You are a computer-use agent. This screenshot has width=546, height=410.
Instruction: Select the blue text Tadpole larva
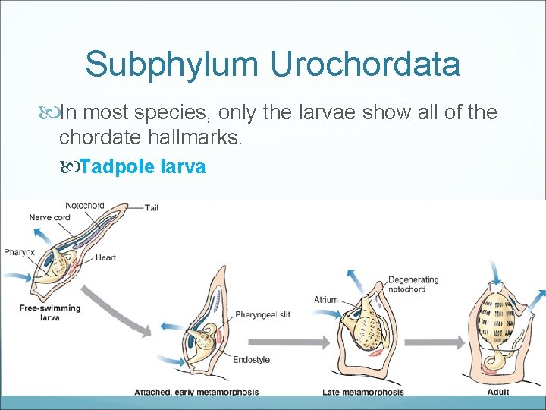click(143, 166)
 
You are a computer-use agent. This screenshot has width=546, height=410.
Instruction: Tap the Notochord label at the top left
click(85, 205)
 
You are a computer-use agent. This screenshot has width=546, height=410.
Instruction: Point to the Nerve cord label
click(50, 217)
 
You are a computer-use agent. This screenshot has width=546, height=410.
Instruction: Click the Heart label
click(105, 257)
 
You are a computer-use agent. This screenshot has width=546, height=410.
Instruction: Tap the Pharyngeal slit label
click(262, 314)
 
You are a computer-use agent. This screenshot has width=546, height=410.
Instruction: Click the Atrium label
click(326, 299)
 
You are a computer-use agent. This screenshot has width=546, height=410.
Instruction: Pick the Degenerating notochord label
click(413, 285)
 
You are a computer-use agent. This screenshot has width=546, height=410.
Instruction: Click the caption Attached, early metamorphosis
click(196, 392)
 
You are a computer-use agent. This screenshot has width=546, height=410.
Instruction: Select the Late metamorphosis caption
click(362, 392)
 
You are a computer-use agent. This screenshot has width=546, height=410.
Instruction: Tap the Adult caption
click(498, 392)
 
